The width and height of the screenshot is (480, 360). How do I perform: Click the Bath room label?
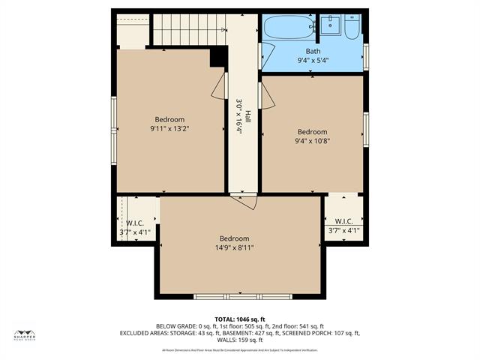[x=312, y=51]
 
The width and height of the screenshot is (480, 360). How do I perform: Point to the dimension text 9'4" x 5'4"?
[x=312, y=61]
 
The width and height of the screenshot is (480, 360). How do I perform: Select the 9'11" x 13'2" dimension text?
[x=169, y=128]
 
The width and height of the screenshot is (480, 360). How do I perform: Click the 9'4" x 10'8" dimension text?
[x=312, y=140]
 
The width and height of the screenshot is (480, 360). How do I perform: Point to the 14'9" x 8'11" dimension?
[x=234, y=247]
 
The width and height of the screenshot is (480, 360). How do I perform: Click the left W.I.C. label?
[x=135, y=223]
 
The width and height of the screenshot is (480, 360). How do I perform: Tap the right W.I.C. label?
[x=343, y=221]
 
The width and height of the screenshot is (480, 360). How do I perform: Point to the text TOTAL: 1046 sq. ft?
[x=240, y=319]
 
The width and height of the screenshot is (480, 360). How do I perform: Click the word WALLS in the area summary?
[x=228, y=340]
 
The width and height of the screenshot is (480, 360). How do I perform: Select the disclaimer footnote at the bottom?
[x=239, y=349]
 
